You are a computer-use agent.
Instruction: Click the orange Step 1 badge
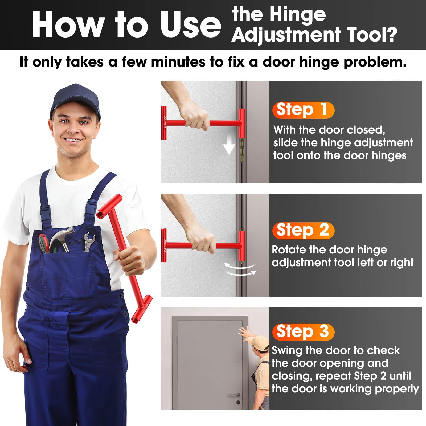tap(303, 110)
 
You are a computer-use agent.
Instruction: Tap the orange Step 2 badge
tap(303, 230)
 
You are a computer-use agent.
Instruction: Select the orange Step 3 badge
tap(303, 332)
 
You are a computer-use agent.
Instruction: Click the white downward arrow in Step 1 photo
tap(229, 147)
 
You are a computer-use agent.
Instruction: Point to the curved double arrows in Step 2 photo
tap(240, 269)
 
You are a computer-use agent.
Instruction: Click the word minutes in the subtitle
tap(178, 62)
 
